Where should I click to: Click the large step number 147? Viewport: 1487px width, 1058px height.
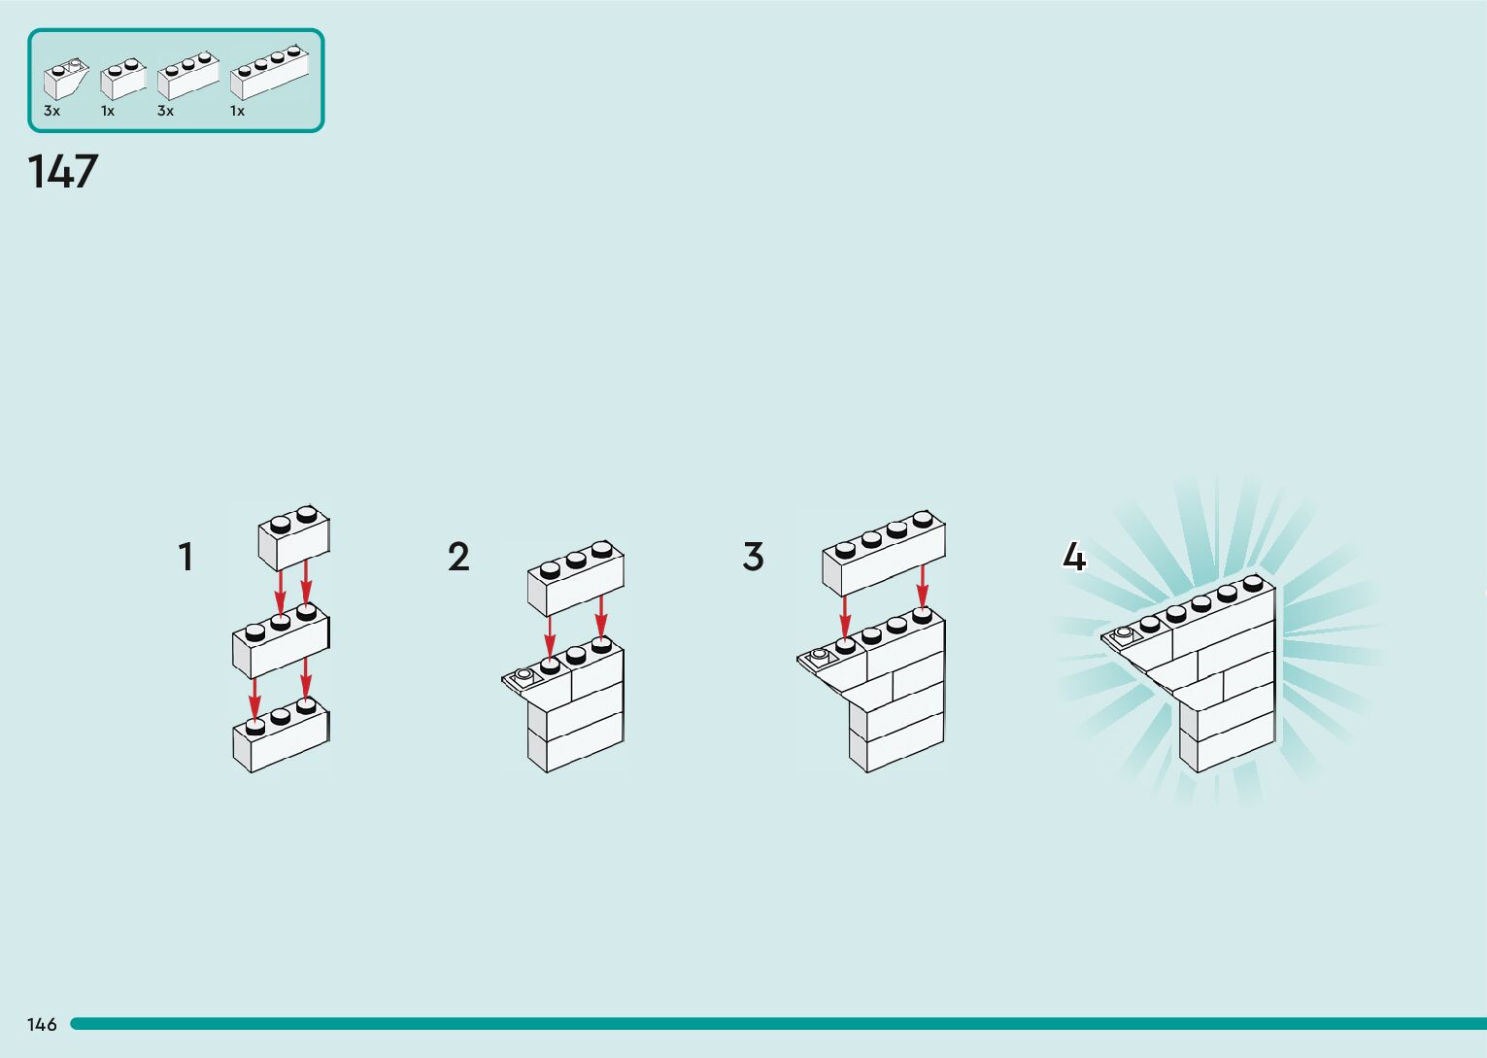(63, 172)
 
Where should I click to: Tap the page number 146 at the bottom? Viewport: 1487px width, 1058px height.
(42, 1024)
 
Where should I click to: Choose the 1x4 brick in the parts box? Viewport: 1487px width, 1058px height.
(269, 74)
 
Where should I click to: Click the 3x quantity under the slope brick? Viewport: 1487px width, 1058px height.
(51, 112)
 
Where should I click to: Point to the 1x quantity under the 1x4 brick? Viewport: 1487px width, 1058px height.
(237, 112)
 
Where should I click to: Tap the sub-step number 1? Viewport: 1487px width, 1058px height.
(186, 558)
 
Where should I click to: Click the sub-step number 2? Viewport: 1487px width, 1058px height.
(458, 558)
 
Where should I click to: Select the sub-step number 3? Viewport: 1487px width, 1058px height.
(753, 558)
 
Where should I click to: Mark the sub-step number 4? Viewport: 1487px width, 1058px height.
(1073, 558)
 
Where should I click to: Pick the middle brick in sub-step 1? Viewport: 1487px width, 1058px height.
(281, 642)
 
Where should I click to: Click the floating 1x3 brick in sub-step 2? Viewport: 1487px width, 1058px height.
(575, 579)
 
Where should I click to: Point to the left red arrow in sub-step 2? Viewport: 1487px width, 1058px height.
(550, 635)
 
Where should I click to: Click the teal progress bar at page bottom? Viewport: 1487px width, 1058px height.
(777, 1024)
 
